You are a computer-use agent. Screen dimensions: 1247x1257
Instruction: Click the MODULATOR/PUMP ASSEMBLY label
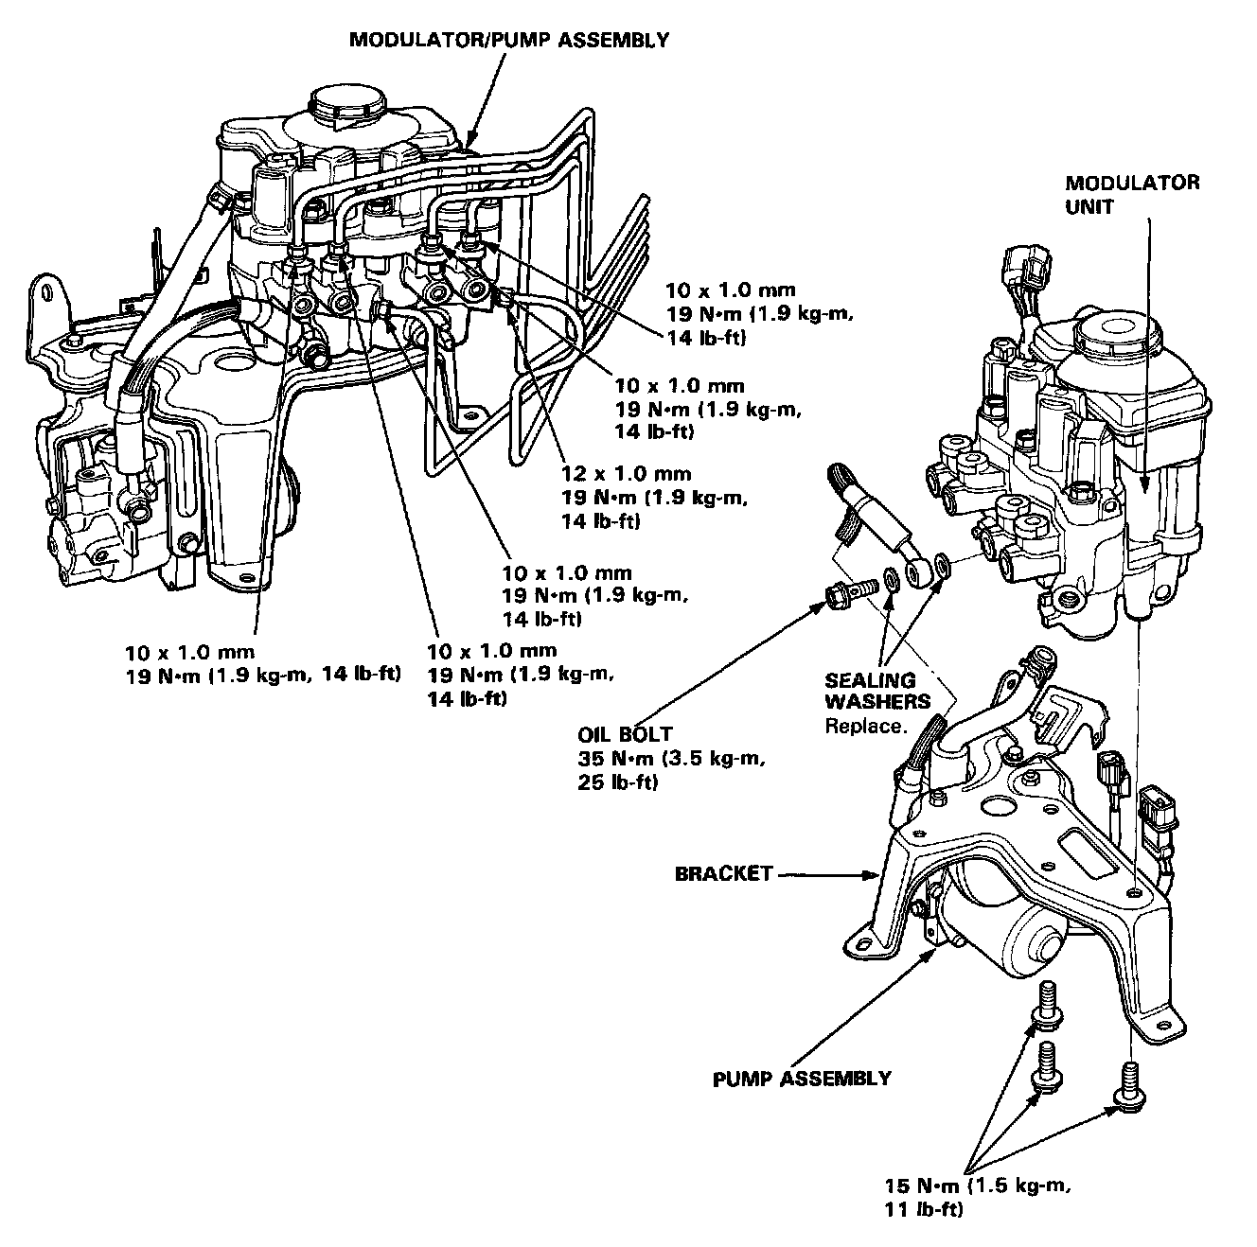click(x=509, y=40)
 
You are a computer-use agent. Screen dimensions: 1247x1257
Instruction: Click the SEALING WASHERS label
click(x=870, y=691)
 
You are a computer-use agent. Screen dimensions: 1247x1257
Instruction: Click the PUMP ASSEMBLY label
click(x=802, y=1078)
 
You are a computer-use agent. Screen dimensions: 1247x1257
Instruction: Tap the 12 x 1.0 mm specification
click(x=625, y=474)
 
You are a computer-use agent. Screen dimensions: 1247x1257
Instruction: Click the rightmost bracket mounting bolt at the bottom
click(x=1132, y=1080)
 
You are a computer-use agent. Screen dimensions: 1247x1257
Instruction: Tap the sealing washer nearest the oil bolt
click(x=892, y=577)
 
